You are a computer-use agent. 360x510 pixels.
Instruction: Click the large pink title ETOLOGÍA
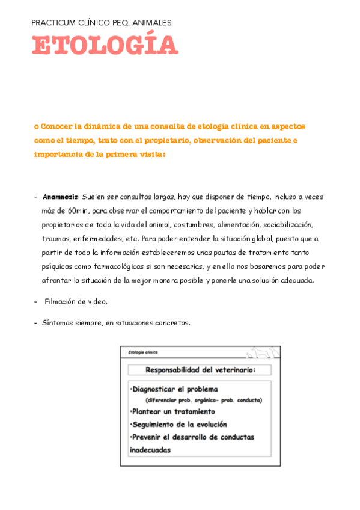pyautogui.click(x=105, y=46)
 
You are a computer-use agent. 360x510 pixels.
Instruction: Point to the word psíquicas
pyautogui.click(x=58, y=266)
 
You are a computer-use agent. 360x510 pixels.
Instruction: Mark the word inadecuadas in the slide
pyautogui.click(x=150, y=449)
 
